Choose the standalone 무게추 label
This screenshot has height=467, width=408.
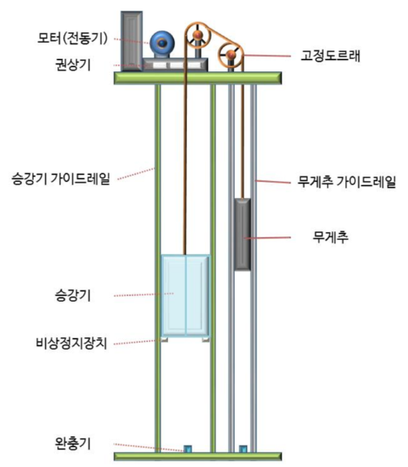pyautogui.click(x=331, y=235)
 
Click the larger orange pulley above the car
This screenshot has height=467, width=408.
pyautogui.click(x=199, y=37)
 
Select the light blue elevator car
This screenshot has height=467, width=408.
pyautogui.click(x=184, y=296)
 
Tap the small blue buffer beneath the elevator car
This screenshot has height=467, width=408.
pyautogui.click(x=186, y=449)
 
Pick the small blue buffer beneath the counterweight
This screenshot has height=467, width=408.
pyautogui.click(x=243, y=449)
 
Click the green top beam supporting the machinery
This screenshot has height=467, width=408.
pyautogui.click(x=201, y=78)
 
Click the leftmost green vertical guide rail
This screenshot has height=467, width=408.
pyautogui.click(x=157, y=261)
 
